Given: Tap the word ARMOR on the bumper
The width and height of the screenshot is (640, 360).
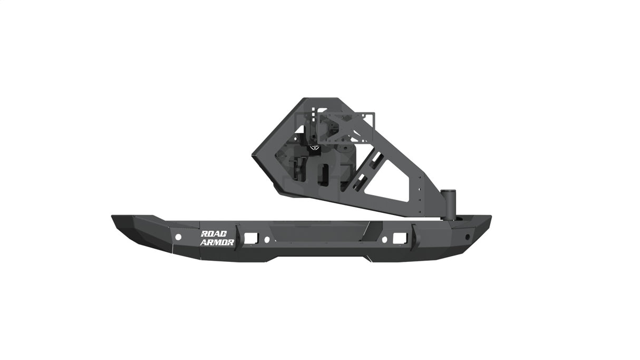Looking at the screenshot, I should (217, 242).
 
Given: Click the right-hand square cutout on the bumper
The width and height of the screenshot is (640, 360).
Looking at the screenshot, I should (399, 238).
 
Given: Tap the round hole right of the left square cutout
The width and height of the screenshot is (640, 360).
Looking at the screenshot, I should (267, 239).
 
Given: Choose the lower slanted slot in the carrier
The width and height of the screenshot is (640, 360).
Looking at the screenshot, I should (361, 182).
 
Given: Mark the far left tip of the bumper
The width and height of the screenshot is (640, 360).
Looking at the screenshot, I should (112, 217).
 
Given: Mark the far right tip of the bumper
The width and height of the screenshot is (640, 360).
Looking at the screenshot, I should (490, 217).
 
